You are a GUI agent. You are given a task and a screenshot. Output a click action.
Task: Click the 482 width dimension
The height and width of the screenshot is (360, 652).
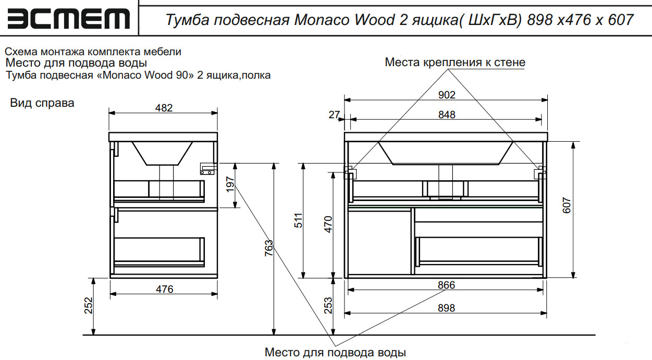click(x=164, y=107)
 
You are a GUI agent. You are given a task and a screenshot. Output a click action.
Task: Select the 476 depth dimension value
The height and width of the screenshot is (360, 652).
click(x=164, y=289)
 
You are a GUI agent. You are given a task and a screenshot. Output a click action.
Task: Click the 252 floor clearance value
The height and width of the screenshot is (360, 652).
click(x=88, y=306)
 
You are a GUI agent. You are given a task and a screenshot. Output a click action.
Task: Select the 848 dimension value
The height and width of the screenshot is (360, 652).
click(x=447, y=115)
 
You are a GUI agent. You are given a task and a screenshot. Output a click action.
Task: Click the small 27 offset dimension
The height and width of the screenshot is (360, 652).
click(x=334, y=115)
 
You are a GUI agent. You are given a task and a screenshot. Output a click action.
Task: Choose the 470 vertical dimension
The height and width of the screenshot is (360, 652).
click(x=328, y=224)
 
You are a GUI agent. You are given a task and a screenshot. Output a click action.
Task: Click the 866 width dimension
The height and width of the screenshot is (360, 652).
click(x=446, y=285)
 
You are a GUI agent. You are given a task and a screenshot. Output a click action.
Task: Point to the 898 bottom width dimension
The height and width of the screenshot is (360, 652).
click(x=446, y=308)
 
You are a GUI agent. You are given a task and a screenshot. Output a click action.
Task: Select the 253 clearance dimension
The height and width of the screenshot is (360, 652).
click(x=328, y=305)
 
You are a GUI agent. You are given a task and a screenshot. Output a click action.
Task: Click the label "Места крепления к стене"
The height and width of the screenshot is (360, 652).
click(x=455, y=63)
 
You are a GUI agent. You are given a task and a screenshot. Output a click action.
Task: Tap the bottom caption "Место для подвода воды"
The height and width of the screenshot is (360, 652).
click(x=335, y=352)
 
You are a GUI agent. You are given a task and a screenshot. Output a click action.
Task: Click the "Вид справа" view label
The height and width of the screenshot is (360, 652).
click(x=42, y=103)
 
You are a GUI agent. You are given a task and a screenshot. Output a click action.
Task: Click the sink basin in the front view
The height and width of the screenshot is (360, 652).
click(x=446, y=152)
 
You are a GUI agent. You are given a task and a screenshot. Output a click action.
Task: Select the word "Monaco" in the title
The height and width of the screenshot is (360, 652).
click(x=322, y=20)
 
